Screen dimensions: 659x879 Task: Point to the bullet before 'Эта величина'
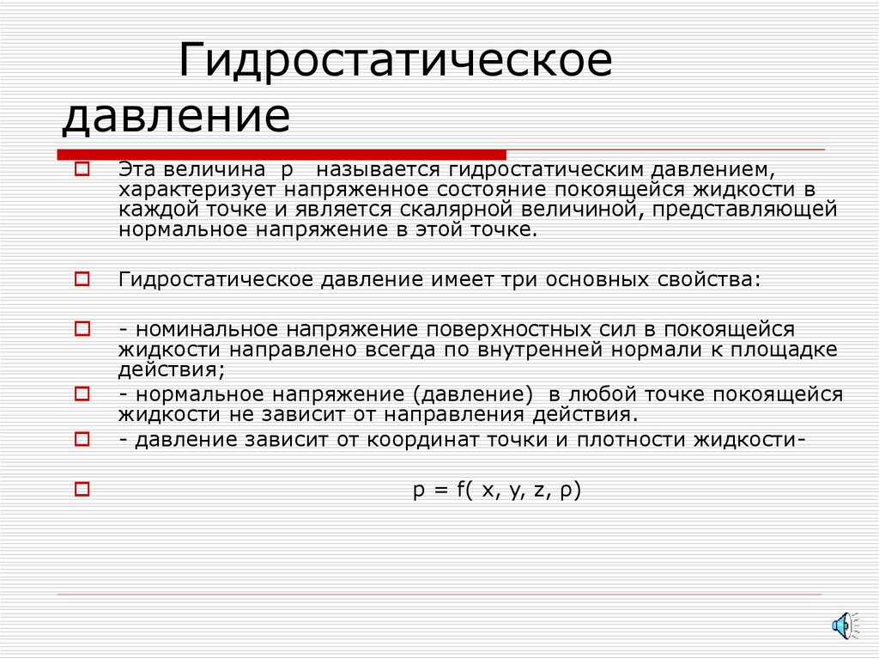(x=82, y=169)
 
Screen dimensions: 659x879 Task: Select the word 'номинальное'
(x=205, y=329)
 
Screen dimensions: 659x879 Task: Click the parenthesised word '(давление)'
(x=469, y=394)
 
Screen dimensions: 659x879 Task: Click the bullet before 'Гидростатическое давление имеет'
(x=82, y=279)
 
